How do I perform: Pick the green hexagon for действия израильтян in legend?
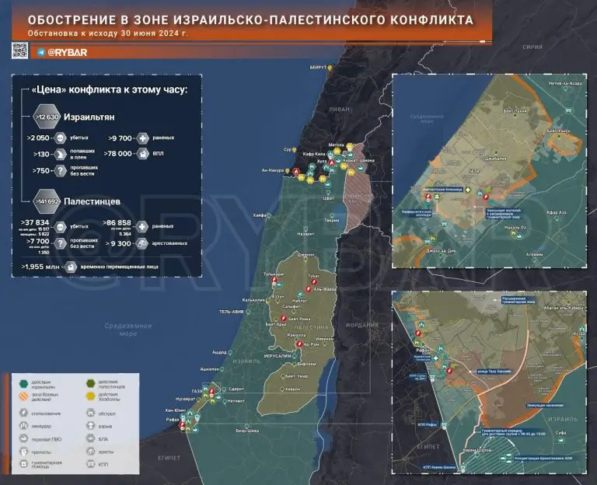26,382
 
